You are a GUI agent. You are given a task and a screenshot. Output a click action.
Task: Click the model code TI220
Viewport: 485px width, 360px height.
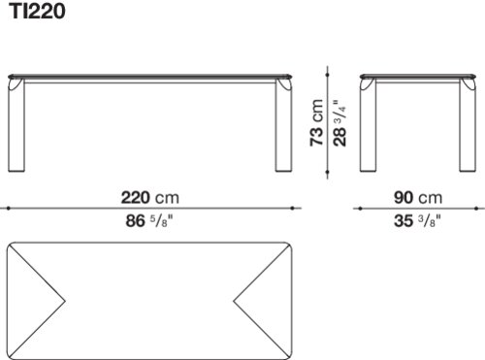38,11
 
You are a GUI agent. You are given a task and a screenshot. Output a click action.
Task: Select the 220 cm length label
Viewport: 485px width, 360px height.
149,198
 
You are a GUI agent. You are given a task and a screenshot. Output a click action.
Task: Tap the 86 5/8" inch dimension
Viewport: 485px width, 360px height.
149,221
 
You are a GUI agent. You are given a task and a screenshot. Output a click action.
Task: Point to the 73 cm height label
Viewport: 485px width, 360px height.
317,122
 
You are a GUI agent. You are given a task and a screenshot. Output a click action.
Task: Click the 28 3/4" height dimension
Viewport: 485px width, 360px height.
339,122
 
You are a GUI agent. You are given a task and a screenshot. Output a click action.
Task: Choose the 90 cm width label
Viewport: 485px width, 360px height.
418,198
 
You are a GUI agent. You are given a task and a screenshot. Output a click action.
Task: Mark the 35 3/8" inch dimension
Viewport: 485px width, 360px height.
417,221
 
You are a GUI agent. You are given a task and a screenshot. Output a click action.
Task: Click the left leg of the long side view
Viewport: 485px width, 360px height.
16,125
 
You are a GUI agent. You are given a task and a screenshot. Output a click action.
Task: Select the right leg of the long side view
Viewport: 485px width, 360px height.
283,125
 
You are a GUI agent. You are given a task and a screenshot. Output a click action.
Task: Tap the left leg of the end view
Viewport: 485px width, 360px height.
369,125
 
